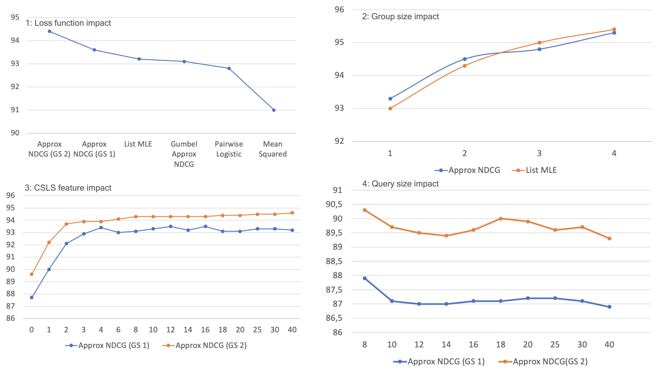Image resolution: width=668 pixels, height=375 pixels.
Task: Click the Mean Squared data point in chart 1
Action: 274,110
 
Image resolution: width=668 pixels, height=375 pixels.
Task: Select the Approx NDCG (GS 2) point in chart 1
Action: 50,31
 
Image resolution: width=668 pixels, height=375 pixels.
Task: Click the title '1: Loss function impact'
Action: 68,23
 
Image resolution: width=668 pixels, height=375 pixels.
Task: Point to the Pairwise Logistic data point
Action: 229,68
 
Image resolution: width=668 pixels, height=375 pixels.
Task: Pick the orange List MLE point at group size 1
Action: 390,108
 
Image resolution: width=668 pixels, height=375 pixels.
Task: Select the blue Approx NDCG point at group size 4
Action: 614,33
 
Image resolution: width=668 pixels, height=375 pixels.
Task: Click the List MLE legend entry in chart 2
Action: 535,170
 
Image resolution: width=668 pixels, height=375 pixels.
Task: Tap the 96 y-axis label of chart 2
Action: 339,10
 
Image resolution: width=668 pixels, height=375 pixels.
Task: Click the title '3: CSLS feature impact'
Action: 68,188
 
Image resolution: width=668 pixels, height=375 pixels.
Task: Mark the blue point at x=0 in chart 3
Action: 32,297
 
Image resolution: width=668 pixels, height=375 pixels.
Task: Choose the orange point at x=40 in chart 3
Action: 292,213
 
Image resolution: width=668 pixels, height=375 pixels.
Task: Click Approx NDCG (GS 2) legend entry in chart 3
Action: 205,345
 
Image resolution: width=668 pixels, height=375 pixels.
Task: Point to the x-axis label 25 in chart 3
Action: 257,330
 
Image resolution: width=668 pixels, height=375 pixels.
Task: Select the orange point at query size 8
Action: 365,210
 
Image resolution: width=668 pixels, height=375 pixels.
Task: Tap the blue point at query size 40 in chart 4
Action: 609,307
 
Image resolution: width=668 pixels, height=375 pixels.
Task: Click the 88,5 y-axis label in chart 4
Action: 334,261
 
